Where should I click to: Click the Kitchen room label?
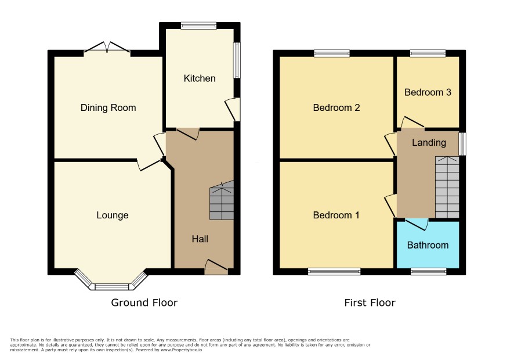click(200, 78)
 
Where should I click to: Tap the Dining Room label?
click(108, 107)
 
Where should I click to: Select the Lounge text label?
click(113, 215)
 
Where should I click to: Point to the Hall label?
click(200, 239)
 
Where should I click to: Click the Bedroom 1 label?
click(336, 215)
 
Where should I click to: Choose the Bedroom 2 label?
click(336, 107)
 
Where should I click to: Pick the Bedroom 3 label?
click(428, 92)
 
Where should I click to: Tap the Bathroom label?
click(428, 245)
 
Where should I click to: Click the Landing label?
click(429, 142)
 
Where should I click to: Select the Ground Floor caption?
click(144, 303)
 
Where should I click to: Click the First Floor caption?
click(370, 303)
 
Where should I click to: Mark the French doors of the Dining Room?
click(107, 48)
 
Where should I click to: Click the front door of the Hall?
click(216, 267)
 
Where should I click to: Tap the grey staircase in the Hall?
click(222, 200)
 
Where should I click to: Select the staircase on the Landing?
click(447, 187)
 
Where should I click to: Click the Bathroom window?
click(429, 271)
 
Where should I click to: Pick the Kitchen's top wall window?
click(198, 26)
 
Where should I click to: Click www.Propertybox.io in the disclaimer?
click(181, 350)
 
